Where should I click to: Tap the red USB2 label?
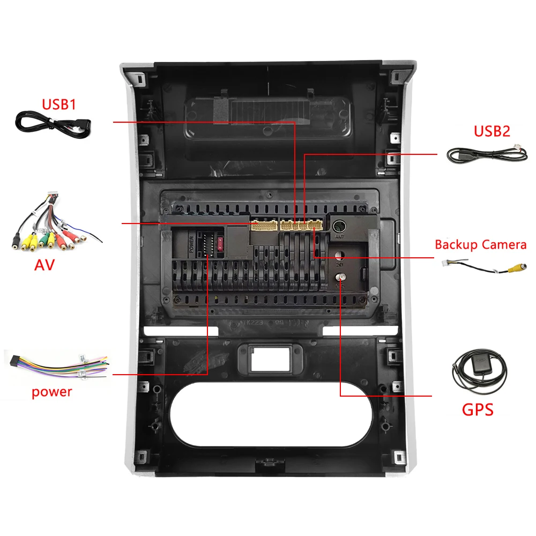click(492, 131)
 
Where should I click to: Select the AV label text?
click(44, 264)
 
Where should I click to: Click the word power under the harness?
click(51, 392)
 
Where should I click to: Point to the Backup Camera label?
click(480, 245)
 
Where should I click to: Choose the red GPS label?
click(478, 411)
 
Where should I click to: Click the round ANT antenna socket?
click(339, 226)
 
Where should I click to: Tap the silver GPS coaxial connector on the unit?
click(340, 277)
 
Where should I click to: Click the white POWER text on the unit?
click(191, 244)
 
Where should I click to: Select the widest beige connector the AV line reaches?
click(263, 225)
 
